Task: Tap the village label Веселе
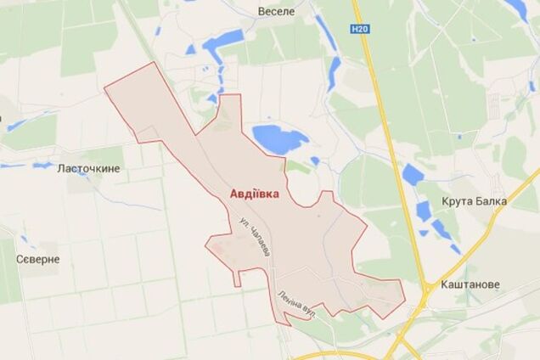276,12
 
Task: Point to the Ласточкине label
88,169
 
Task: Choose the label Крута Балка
474,201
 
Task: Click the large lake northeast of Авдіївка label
278,138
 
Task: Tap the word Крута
456,201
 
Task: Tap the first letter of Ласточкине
60,169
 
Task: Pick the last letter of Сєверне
56,259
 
